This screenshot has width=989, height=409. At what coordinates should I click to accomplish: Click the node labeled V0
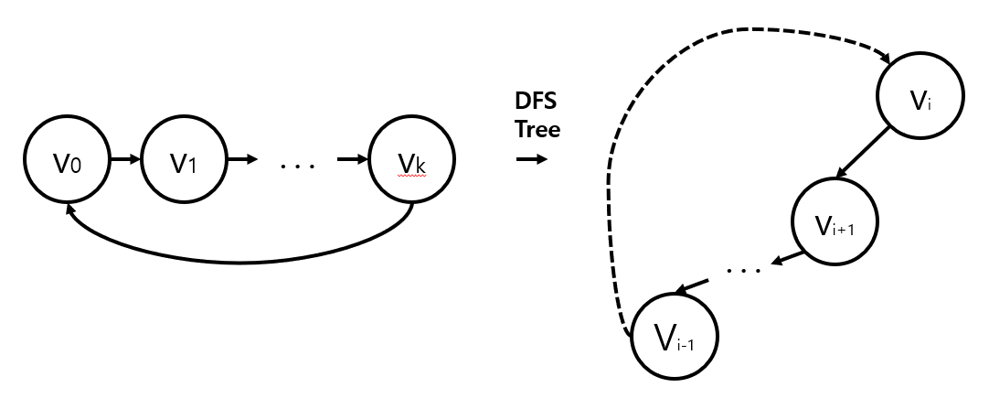click(x=65, y=161)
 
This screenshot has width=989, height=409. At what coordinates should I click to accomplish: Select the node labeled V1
click(x=184, y=161)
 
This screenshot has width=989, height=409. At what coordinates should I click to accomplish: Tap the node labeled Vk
click(x=411, y=161)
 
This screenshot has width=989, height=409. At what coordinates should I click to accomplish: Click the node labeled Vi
click(x=921, y=97)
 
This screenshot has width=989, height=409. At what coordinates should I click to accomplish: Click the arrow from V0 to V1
click(x=124, y=160)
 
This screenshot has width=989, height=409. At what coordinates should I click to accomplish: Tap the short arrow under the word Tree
click(x=531, y=159)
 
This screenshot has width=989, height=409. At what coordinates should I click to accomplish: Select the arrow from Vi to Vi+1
click(x=864, y=152)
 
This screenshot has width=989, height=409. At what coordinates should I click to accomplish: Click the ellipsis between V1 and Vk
click(x=297, y=167)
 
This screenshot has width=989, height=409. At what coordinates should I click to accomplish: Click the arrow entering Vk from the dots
click(x=353, y=160)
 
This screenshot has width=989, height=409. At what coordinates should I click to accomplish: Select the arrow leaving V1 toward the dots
click(x=242, y=160)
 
